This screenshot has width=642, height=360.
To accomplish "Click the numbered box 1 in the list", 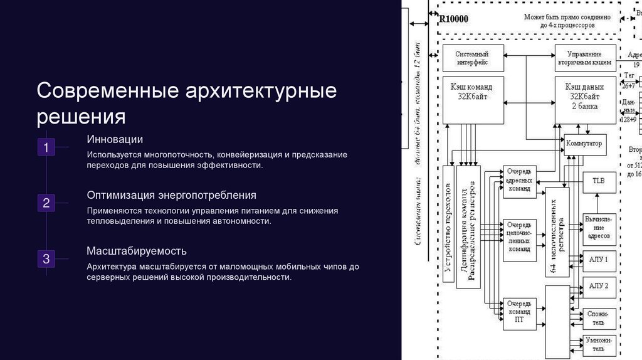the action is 46,147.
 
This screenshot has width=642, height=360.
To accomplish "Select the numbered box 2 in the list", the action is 46,203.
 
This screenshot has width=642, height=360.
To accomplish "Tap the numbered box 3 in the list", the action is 46,258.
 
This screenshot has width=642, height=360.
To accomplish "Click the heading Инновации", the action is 115,139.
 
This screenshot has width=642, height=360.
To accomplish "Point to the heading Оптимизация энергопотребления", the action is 171,195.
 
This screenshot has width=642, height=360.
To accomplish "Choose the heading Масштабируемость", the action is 137,251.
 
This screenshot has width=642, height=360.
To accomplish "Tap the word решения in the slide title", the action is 82,117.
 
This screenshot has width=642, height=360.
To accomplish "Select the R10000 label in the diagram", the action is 453,19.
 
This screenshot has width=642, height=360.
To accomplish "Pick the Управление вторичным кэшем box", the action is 584,58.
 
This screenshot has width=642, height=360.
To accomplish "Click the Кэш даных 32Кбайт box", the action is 584,100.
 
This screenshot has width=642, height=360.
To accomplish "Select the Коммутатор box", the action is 584,144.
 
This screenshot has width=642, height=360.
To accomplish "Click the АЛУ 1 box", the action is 598,258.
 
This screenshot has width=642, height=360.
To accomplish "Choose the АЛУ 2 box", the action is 598,286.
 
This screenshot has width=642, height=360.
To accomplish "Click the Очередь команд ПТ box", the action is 519,311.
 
